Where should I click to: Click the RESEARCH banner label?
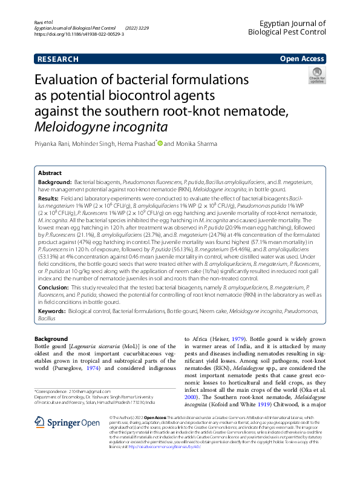click(57, 59)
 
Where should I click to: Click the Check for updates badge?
click(316, 76)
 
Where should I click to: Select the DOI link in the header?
click(79, 35)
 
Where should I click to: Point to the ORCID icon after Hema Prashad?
click(160, 144)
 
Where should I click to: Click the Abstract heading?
click(50, 173)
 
